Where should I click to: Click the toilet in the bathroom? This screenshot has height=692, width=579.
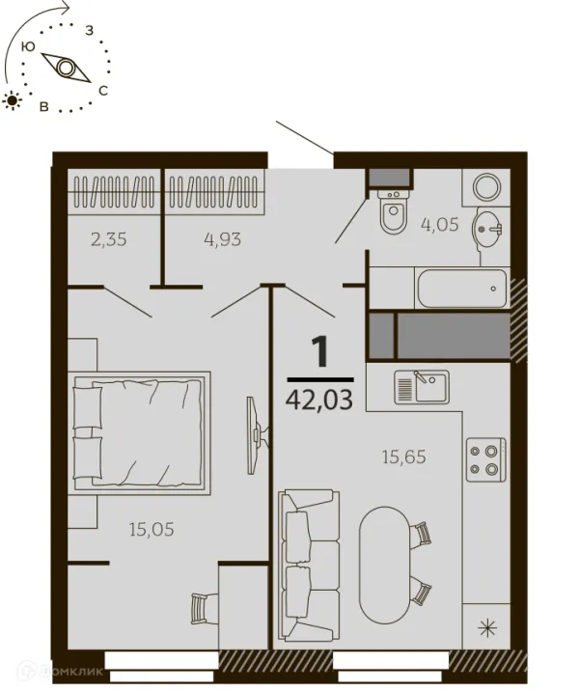[394, 211]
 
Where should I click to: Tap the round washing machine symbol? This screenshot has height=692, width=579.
[486, 186]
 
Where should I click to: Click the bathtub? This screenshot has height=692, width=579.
[462, 289]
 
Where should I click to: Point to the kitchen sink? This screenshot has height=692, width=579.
[422, 387]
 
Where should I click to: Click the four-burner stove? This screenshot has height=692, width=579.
[486, 459]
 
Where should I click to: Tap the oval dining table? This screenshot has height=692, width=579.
[385, 565]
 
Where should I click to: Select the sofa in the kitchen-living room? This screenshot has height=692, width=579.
[309, 566]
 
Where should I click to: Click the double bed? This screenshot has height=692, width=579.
[139, 432]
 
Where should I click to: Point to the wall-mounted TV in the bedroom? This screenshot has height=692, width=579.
[256, 435]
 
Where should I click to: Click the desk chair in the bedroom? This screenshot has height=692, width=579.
[205, 608]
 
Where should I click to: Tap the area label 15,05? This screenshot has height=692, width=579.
[152, 529]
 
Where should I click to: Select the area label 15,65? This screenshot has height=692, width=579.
[403, 457]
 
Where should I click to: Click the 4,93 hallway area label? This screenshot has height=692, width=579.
[222, 239]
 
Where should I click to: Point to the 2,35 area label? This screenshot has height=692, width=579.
[108, 239]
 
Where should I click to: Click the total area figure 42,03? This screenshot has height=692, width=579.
[319, 401]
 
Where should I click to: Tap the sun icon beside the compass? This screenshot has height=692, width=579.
[13, 101]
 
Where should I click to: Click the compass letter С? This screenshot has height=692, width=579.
[103, 91]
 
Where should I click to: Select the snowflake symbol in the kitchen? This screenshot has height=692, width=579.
[487, 628]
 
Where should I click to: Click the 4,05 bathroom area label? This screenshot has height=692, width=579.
[440, 225]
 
